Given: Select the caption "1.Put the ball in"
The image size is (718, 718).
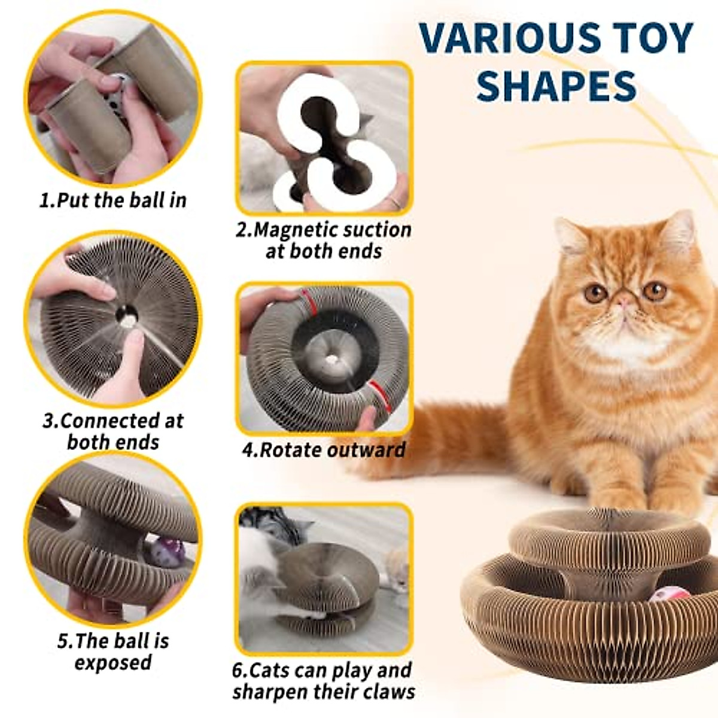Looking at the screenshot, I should point(112,200).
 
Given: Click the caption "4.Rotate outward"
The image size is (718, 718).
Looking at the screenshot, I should point(324,449).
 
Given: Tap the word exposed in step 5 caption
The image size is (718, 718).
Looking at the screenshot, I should point(113,662).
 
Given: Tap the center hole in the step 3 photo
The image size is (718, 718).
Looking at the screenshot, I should point(127,313).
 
